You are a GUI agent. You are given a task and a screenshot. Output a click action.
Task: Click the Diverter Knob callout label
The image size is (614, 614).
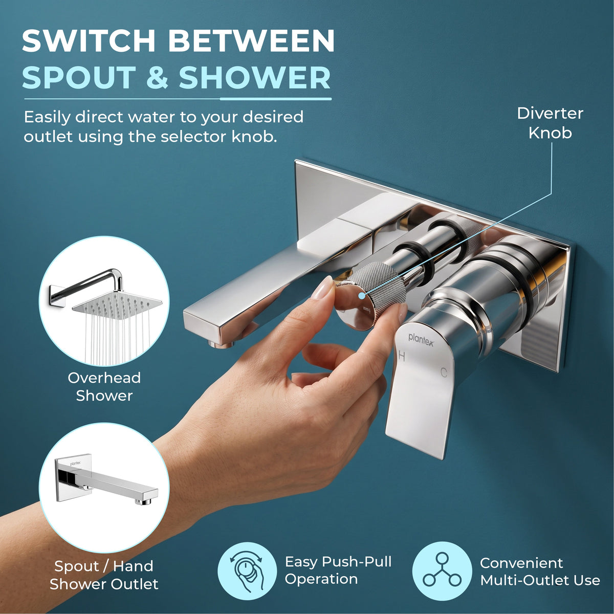coord(550,123)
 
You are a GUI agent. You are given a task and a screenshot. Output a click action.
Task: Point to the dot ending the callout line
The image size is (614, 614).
coord(361,296)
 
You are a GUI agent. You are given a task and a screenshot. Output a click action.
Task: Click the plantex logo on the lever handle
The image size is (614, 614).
coord(421,340)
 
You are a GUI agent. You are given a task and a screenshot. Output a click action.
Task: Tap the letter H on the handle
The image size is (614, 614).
coord(402,356)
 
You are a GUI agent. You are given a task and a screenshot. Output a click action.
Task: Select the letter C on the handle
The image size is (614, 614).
coord(444,372)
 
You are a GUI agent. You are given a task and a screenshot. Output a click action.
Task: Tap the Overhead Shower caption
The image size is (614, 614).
coord(104,386)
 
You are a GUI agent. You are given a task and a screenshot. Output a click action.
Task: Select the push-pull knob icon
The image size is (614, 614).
coord(247,571)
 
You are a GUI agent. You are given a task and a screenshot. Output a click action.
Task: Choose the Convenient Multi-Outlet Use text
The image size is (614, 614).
coord(540,572)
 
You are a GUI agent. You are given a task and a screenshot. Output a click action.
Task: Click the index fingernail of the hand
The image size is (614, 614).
coord(322,288)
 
